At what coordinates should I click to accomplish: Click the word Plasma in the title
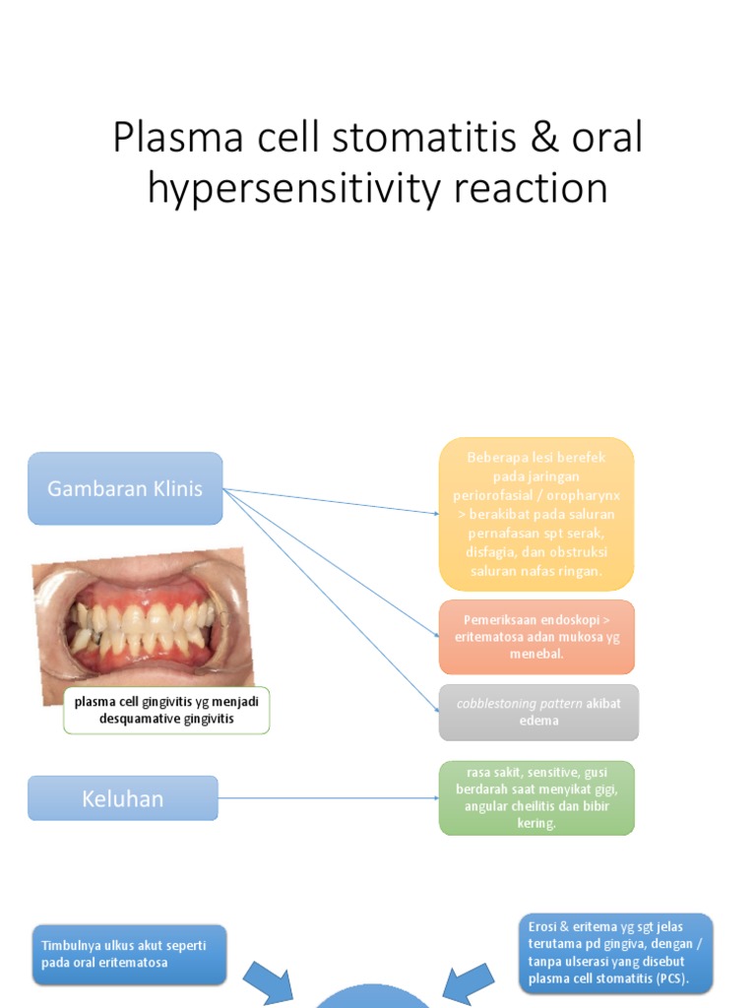pyautogui.click(x=171, y=138)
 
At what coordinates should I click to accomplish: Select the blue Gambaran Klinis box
pyautogui.click(x=125, y=488)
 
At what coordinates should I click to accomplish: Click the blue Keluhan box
pyautogui.click(x=123, y=798)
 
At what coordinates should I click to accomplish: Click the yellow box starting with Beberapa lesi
pyautogui.click(x=536, y=514)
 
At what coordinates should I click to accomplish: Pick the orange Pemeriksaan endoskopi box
pyautogui.click(x=536, y=636)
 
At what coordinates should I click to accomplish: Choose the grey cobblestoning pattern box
pyautogui.click(x=538, y=712)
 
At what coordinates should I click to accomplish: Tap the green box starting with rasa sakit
pyautogui.click(x=536, y=797)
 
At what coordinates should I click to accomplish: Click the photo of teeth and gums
pyautogui.click(x=144, y=624)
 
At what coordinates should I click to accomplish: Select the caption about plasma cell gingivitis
pyautogui.click(x=166, y=710)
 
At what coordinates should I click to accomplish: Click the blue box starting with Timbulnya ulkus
pyautogui.click(x=129, y=954)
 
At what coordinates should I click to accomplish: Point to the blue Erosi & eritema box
pyautogui.click(x=615, y=953)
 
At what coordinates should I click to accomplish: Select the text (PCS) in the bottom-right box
pyautogui.click(x=668, y=978)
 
